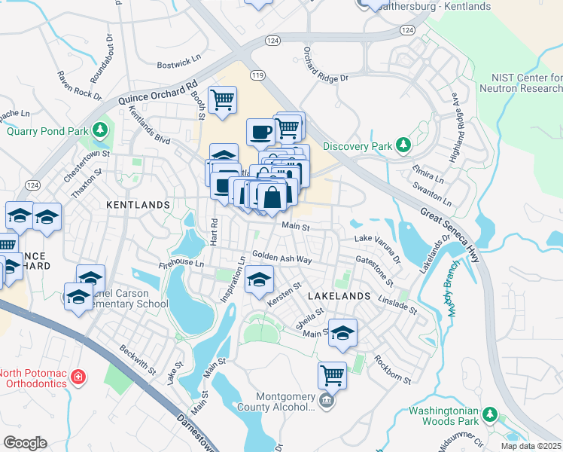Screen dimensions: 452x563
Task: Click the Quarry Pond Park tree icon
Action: pos(100,131)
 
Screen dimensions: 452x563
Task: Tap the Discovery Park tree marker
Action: pos(403,144)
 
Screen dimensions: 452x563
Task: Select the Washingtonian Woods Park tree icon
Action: pos(490,414)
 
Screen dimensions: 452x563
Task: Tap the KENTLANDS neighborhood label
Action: pos(138,205)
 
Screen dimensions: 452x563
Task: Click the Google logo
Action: pos(25,442)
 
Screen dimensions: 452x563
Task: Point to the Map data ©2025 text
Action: pos(530,446)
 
